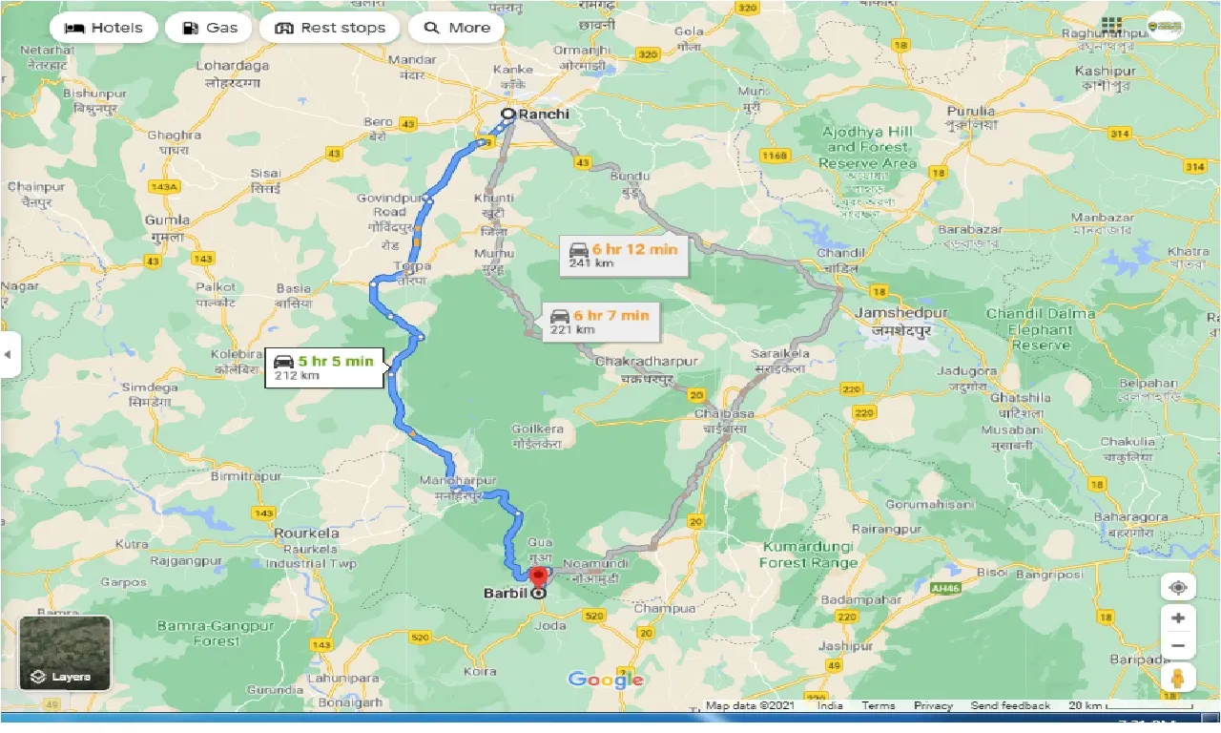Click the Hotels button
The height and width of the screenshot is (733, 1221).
click(103, 28)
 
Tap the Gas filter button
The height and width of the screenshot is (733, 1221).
click(209, 28)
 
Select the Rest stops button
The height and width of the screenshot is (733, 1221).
click(329, 28)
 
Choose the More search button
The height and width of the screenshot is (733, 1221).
click(456, 28)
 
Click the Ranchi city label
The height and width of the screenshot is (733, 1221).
click(543, 115)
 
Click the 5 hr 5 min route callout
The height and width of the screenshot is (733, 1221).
click(325, 366)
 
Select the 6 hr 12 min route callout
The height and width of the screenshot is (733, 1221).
click(623, 255)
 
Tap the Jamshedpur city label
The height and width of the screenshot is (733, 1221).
click(900, 313)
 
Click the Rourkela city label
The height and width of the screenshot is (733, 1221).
click(307, 533)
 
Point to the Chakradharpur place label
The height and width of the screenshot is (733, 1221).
click(646, 363)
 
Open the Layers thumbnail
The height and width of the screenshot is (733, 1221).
click(65, 653)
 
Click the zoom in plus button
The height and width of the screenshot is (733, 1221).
click(1178, 618)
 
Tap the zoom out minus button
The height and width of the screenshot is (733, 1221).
click(1178, 646)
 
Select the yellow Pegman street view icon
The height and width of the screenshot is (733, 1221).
click(1178, 679)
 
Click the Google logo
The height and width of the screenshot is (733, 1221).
click(605, 680)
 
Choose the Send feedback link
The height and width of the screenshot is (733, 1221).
click(1010, 706)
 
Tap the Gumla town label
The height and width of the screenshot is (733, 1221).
click(166, 220)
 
